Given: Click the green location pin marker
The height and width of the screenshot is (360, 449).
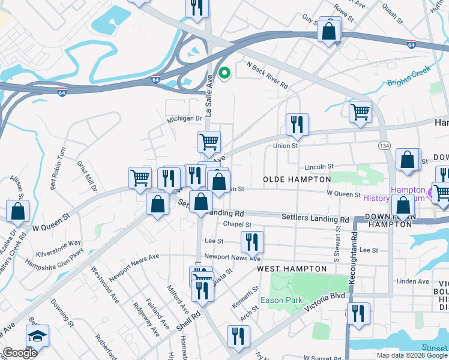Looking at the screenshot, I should tap(224, 74).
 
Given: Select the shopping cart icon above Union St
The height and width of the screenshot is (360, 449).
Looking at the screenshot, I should tap(360, 112).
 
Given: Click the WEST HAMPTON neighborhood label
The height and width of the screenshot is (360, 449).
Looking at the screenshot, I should tap(286, 270).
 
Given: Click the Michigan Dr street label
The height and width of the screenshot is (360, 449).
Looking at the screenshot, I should tap(184, 119).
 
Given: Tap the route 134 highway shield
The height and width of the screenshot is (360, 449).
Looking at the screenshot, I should tap(384, 146).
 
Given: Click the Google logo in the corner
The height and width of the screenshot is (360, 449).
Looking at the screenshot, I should tap(20, 352).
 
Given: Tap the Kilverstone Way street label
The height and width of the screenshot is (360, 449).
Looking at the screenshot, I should tap(58, 248).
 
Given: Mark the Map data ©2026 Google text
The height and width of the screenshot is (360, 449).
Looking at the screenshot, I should tap(412, 355).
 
